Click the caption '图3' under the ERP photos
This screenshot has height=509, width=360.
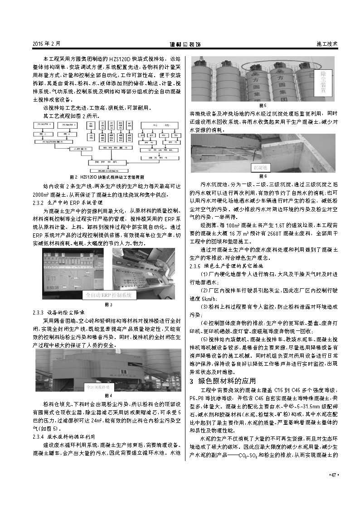[107, 305]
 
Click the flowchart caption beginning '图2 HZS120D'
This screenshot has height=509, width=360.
[107, 177]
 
